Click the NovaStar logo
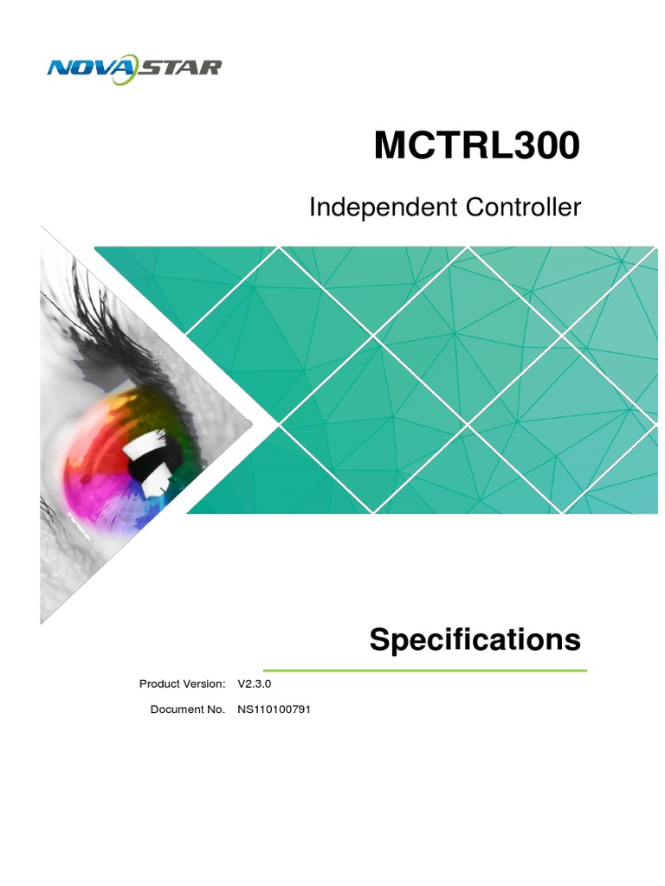point(134,67)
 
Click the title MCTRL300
point(476,147)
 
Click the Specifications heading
point(475,640)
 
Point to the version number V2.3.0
point(255,684)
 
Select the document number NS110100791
point(274,709)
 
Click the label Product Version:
point(182,684)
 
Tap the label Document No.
point(188,709)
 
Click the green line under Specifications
point(424,670)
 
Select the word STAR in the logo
point(181,67)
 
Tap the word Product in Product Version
point(160,684)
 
